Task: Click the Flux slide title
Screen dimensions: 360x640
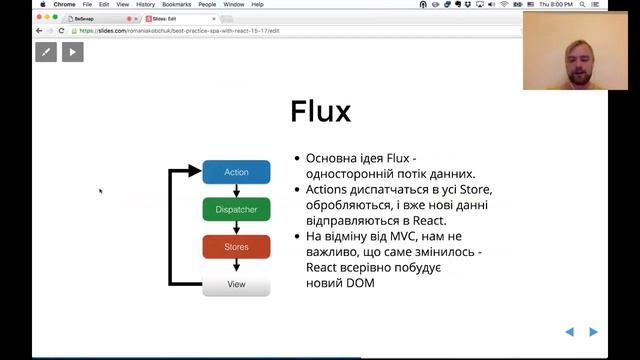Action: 320,111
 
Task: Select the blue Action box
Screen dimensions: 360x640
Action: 236,172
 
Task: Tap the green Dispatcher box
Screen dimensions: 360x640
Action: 236,210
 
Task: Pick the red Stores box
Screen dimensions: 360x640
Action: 236,247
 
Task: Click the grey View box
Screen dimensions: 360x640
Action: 236,284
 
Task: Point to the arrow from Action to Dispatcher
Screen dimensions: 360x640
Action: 236,191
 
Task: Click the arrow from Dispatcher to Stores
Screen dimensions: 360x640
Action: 236,228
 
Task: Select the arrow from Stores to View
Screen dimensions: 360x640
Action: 236,266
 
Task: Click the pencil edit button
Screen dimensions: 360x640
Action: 46,52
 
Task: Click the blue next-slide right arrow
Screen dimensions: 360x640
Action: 593,332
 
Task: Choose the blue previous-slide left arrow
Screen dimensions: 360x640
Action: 569,332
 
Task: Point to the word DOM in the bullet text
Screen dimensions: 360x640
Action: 360,284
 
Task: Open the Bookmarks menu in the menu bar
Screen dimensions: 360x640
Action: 176,4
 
